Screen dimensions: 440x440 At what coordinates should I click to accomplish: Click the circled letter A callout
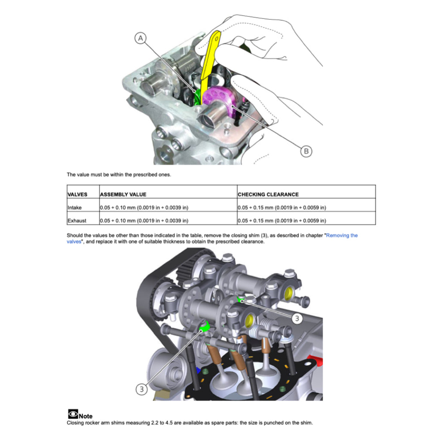point(141,38)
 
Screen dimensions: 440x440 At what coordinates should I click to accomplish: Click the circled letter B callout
point(306,151)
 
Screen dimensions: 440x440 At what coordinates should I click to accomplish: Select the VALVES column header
point(77,195)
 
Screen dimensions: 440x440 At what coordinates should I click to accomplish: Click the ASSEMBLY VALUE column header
point(123,195)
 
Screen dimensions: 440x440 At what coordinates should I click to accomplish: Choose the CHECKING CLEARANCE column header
point(268,195)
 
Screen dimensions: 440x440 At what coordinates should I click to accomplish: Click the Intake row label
point(74,208)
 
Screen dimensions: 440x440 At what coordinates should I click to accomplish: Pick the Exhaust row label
point(76,220)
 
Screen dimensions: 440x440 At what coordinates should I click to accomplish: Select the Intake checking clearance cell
point(282,208)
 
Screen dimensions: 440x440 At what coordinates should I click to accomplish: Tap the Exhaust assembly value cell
point(144,220)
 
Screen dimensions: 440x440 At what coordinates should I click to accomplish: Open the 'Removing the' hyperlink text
point(342,235)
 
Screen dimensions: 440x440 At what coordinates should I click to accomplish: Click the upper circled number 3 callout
point(297,318)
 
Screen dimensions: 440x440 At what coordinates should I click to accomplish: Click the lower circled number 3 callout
point(142,389)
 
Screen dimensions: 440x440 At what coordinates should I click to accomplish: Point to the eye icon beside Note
point(73,414)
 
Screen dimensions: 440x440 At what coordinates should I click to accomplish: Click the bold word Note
point(86,416)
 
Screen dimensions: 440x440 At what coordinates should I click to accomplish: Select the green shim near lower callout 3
point(204,327)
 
